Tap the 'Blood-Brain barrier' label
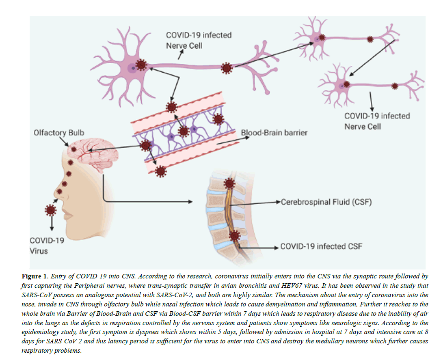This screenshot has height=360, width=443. pyautogui.click(x=274, y=133)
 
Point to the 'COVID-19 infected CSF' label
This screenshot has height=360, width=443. pyautogui.click(x=321, y=246)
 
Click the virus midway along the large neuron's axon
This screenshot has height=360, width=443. pyautogui.click(x=226, y=69)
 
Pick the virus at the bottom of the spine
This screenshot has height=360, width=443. pyautogui.click(x=234, y=236)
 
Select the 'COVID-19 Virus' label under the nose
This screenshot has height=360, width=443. pyautogui.click(x=44, y=246)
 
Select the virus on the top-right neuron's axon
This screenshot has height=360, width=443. pyautogui.click(x=369, y=39)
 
